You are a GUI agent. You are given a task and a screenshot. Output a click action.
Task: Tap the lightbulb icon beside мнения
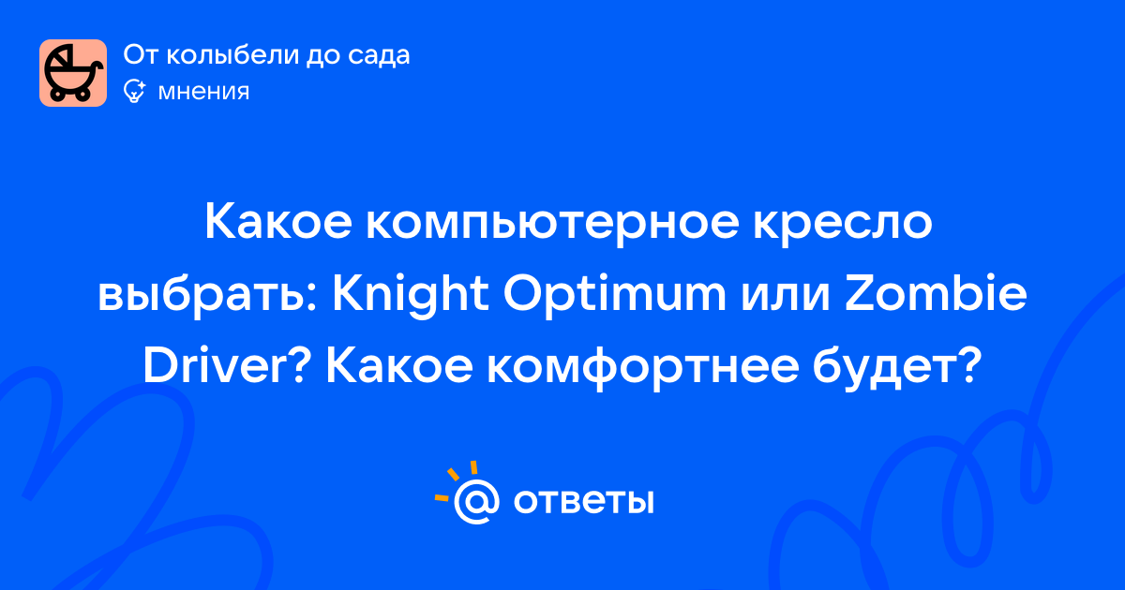[x=134, y=92]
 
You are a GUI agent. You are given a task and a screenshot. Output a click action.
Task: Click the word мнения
[x=203, y=92]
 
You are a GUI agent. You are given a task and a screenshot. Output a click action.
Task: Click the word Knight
[x=411, y=296]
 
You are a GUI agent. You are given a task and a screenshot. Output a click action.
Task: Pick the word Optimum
[x=614, y=296]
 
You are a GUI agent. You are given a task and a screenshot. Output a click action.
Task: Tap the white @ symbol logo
[x=476, y=501]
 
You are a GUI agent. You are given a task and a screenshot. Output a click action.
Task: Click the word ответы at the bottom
[x=583, y=501]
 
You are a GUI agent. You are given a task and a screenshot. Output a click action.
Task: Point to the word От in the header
[x=142, y=54]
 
